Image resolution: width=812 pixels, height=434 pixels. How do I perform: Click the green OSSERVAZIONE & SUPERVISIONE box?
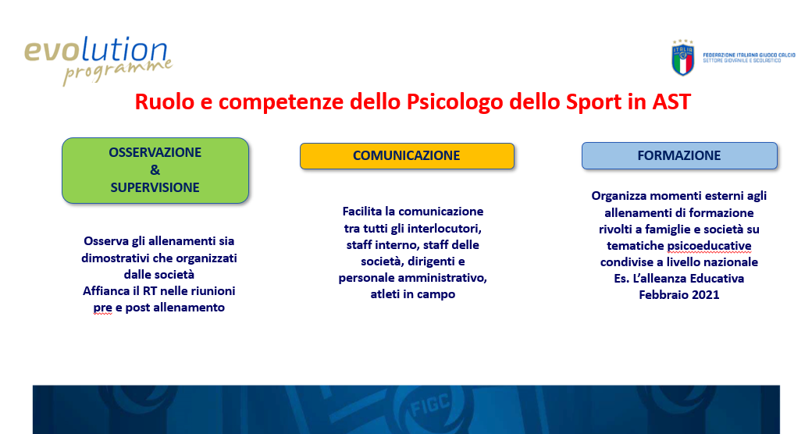pos(155,170)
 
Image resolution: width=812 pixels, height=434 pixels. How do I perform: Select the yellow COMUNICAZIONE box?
pos(407,156)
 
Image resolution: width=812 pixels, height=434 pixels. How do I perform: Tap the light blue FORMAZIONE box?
pos(679,156)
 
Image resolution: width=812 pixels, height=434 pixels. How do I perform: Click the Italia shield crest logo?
pos(682,58)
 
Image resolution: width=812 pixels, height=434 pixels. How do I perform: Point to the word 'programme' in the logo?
pos(118,71)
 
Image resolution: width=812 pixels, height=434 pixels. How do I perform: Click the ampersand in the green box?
pos(155,170)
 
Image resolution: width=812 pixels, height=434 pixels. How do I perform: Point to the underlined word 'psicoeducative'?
pos(709,245)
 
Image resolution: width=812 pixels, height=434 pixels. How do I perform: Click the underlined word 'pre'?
pos(102,308)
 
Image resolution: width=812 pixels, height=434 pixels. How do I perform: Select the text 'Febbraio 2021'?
pos(679,295)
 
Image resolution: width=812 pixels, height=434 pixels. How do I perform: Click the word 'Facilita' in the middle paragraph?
pos(362,212)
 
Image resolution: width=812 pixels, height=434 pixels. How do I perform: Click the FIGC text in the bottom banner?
pos(430,406)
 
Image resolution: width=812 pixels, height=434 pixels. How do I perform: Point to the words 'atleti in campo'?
pos(413,294)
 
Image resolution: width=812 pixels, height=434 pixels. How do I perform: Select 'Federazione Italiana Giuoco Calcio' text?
pos(749,55)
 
